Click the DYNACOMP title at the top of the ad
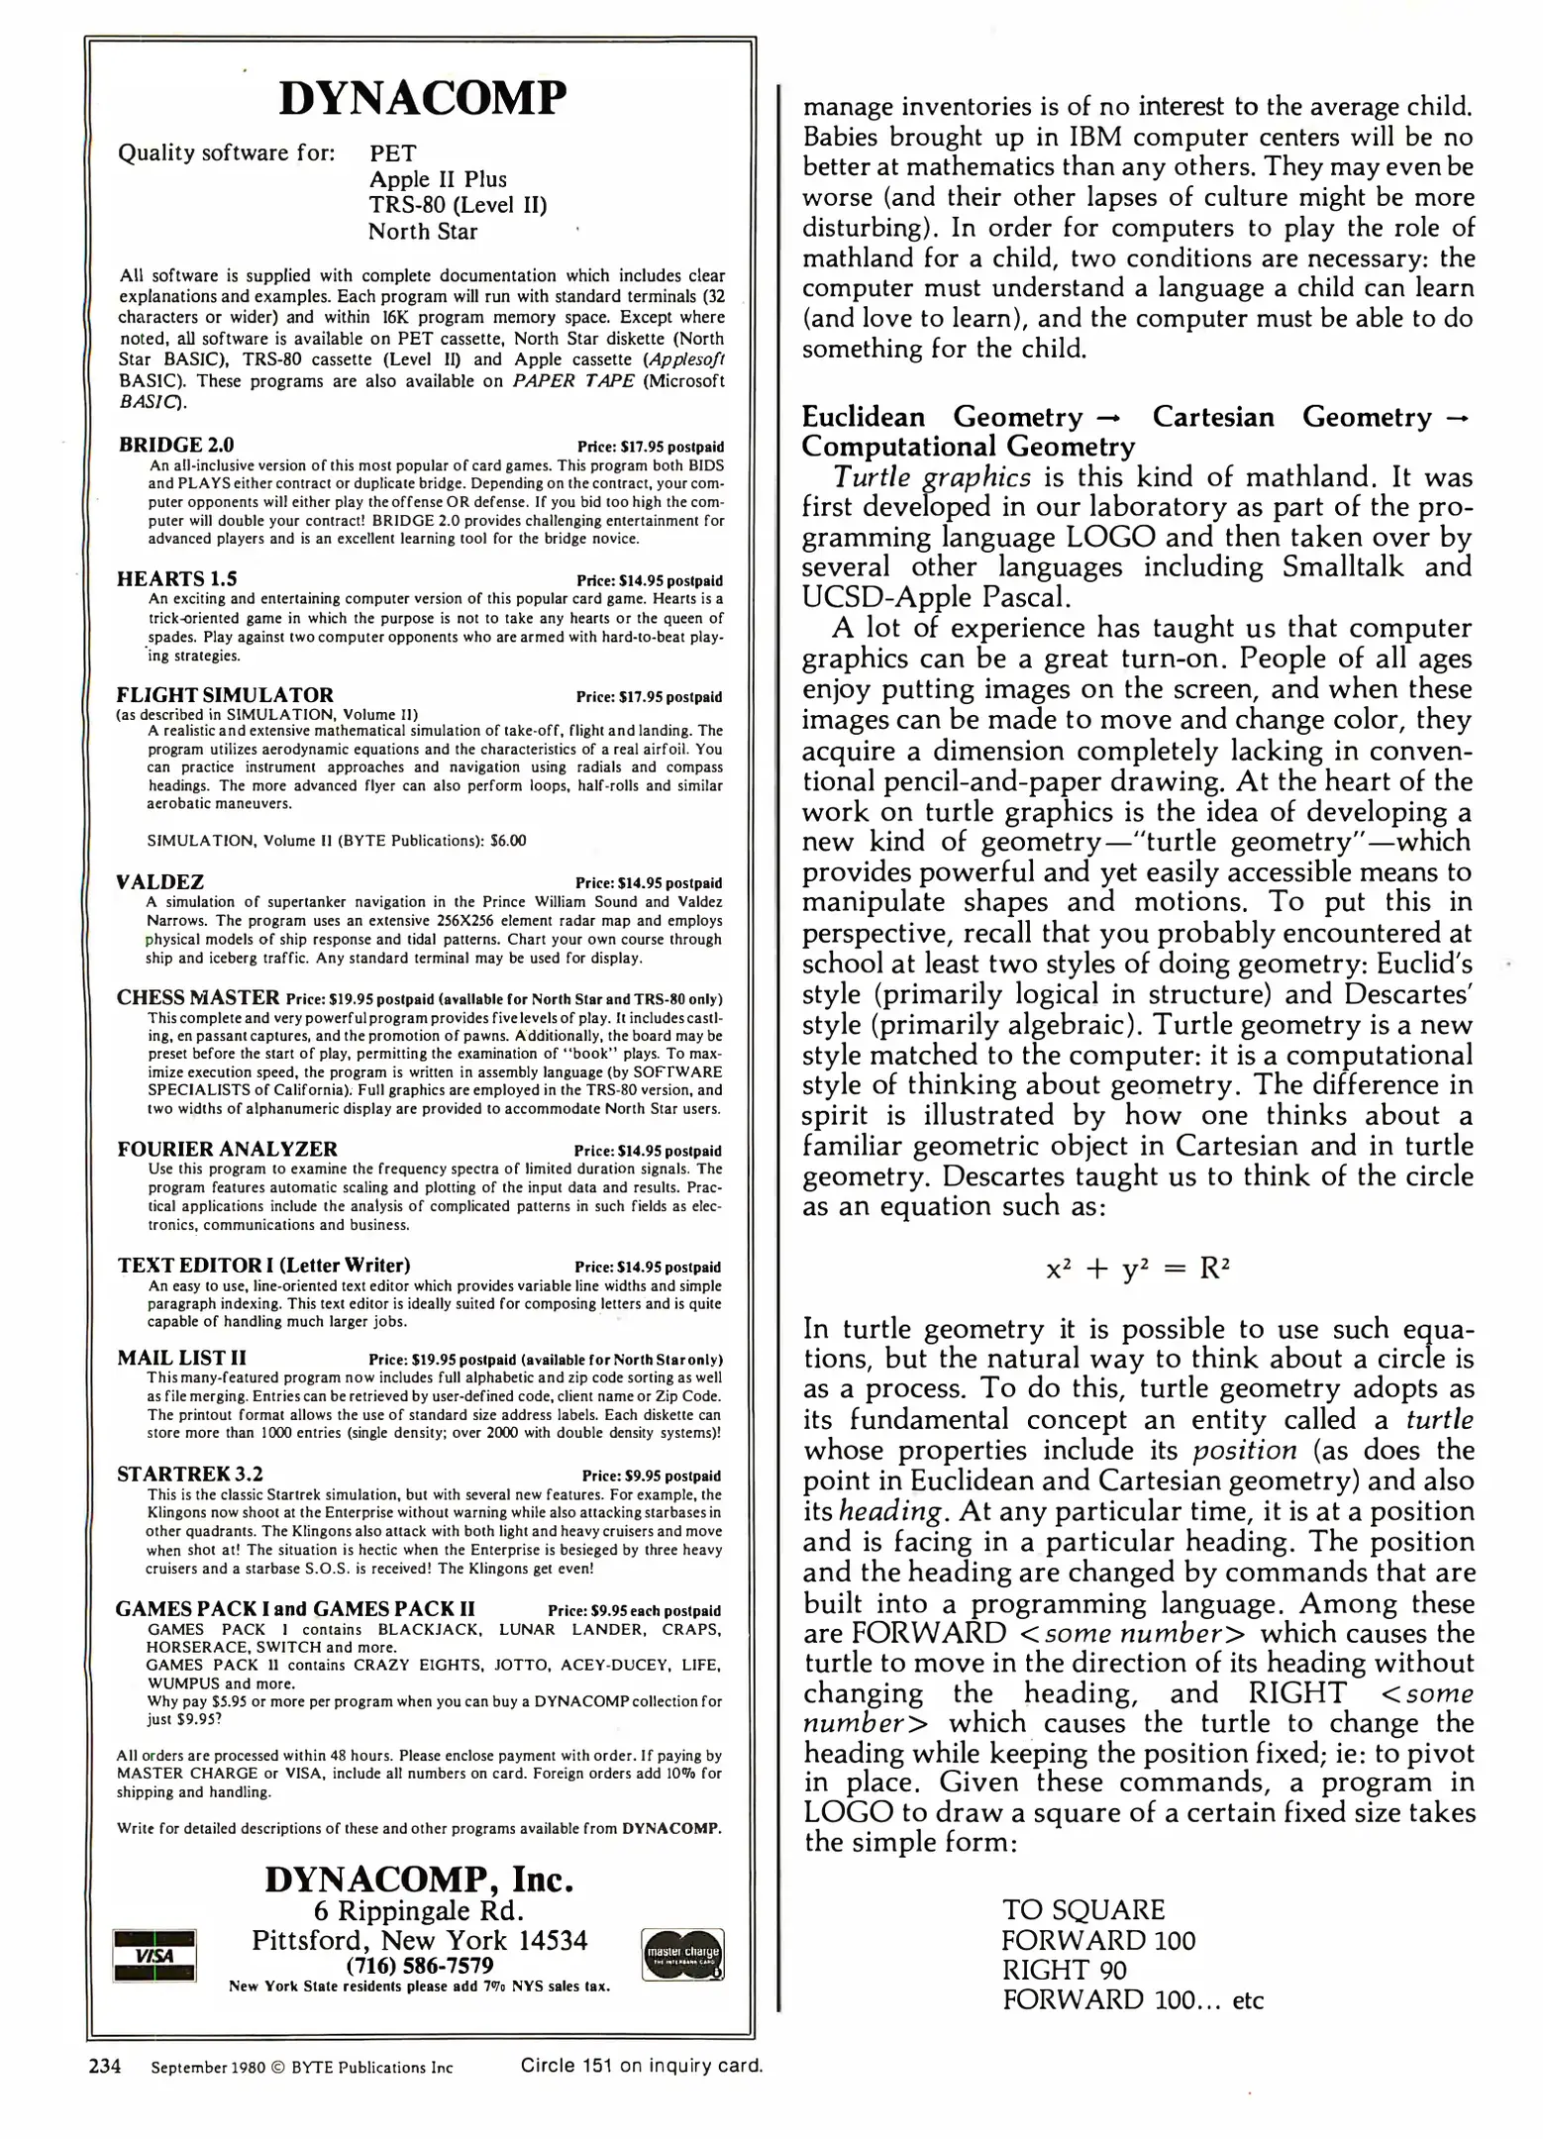(423, 98)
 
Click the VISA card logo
(154, 1955)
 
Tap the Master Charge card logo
(682, 1954)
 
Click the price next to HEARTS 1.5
(649, 580)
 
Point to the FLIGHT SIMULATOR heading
(225, 694)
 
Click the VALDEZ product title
(160, 881)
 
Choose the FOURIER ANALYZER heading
(227, 1149)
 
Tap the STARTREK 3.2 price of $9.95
(651, 1476)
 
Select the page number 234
(105, 2067)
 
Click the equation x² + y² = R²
(1138, 1269)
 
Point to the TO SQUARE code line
(1082, 1909)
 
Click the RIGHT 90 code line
(1064, 1969)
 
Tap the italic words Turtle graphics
(931, 477)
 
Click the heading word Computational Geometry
(968, 447)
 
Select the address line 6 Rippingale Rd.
(419, 1910)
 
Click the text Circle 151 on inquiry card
(641, 2066)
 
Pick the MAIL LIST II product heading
(181, 1358)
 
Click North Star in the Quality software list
(422, 232)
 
